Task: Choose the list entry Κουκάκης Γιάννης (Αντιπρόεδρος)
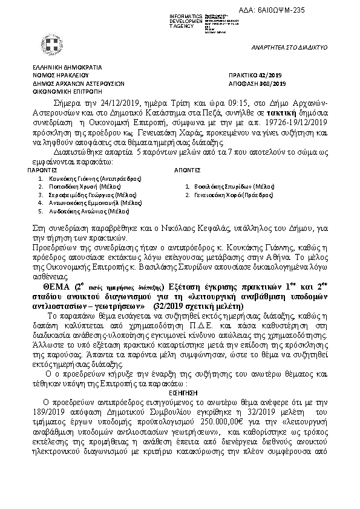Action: click(x=96, y=180)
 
